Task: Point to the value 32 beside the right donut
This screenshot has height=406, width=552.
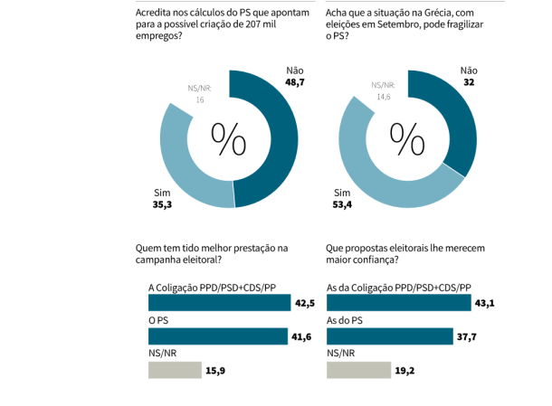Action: (468, 82)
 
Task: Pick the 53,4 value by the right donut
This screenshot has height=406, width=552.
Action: (341, 205)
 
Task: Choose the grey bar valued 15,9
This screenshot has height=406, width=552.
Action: (176, 369)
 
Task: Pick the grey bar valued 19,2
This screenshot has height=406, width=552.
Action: (358, 369)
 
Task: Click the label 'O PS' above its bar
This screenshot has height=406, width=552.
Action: (158, 320)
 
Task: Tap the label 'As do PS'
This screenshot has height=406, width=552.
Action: (344, 320)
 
